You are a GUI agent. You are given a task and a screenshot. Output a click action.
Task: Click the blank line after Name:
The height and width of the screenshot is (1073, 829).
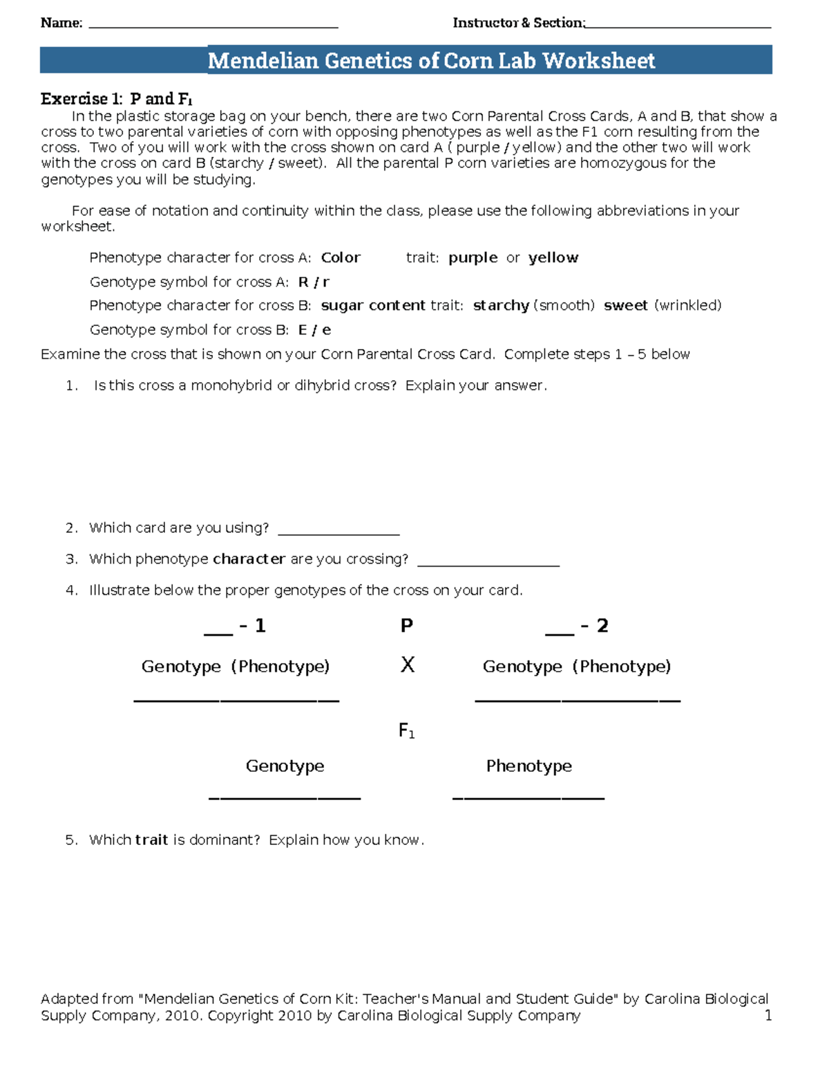pos(213,26)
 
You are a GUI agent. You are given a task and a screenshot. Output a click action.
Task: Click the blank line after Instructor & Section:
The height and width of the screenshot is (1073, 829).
pos(678,26)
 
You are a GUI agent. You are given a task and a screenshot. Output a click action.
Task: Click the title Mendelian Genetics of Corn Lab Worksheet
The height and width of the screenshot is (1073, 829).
pos(431,61)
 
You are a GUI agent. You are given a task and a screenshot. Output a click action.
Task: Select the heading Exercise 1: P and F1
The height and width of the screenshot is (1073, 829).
pos(116,99)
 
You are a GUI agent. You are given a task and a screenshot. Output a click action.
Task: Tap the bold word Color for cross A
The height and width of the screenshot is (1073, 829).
pos(341,258)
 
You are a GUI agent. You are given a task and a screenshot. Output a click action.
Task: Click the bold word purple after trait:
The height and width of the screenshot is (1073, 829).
pos(473,258)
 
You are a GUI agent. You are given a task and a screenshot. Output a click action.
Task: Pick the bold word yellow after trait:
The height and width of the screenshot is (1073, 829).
pos(553,258)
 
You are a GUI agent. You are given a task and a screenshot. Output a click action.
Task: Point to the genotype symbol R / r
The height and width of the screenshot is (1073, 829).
pos(314,282)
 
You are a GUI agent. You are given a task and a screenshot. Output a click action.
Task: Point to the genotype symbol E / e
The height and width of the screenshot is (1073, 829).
pos(314,330)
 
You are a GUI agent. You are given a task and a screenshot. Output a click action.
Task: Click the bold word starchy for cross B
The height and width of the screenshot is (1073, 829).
pos(501,305)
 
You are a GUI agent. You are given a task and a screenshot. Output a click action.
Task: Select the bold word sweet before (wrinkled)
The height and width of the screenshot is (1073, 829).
pos(625,305)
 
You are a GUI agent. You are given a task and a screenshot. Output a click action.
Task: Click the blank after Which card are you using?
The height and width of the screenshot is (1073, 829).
pos(339,532)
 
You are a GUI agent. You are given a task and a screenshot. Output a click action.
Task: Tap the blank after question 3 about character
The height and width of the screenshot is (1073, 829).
pos(488,564)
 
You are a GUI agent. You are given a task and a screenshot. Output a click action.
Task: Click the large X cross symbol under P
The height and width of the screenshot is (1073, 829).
pos(408,665)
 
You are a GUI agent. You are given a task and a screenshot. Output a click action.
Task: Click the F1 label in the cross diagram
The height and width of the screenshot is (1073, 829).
pos(406,731)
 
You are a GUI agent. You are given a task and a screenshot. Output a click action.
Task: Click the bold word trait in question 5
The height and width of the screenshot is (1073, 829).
pos(151,840)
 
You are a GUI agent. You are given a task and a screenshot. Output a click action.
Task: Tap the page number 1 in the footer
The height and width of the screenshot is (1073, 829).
pos(768,1015)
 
